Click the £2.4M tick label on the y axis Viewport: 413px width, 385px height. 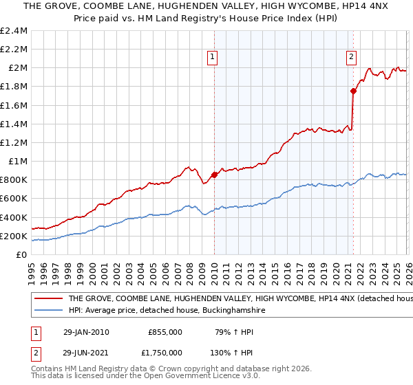pyautogui.click(x=14, y=31)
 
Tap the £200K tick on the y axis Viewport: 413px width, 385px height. pyautogui.click(x=14, y=236)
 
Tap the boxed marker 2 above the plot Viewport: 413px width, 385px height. pyautogui.click(x=351, y=57)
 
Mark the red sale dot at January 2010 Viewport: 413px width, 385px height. pyautogui.click(x=214, y=175)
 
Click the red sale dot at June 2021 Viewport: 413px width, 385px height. pyautogui.click(x=353, y=91)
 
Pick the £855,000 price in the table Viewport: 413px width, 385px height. pyautogui.click(x=165, y=331)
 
